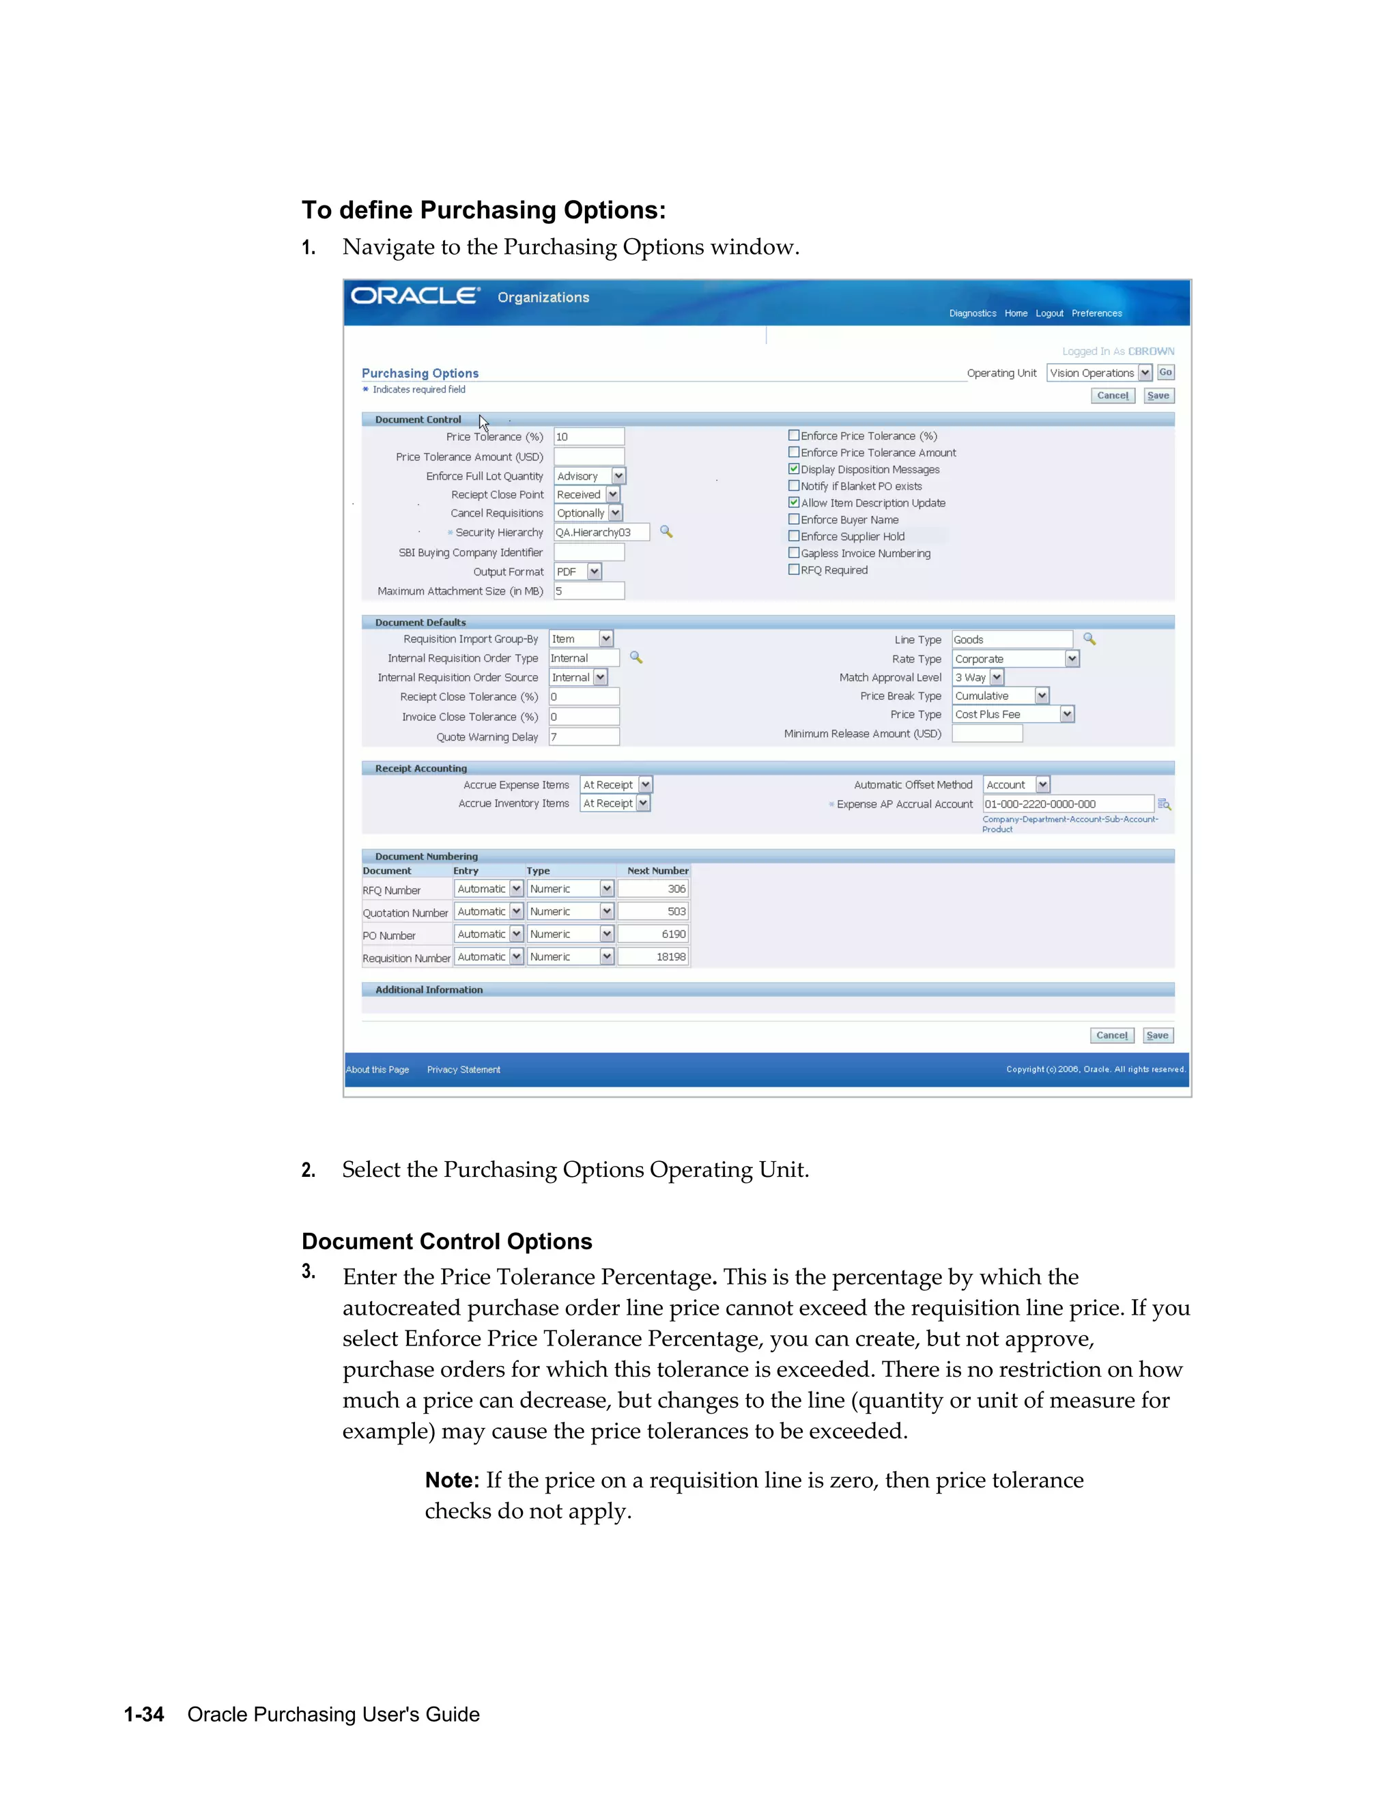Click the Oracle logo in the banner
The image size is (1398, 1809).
point(415,296)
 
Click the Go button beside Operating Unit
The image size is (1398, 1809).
point(1165,373)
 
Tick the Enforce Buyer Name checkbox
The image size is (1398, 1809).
point(793,519)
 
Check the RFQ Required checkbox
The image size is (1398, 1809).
point(793,570)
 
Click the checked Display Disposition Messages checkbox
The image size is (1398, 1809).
point(793,469)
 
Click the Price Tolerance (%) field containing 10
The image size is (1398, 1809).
point(588,436)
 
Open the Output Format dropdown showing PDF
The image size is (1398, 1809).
point(594,571)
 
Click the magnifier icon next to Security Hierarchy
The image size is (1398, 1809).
point(666,532)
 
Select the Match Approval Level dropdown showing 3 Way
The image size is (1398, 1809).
point(997,678)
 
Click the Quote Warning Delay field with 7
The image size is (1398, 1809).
point(584,737)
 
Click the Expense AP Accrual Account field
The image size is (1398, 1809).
point(1067,803)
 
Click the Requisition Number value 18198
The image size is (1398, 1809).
point(653,956)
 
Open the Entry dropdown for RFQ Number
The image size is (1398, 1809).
point(516,889)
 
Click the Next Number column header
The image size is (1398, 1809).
point(657,870)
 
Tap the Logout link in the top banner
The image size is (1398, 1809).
point(1048,313)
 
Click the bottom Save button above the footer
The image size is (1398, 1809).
point(1157,1036)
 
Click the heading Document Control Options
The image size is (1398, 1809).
point(446,1242)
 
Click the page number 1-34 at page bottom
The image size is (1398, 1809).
point(144,1715)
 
